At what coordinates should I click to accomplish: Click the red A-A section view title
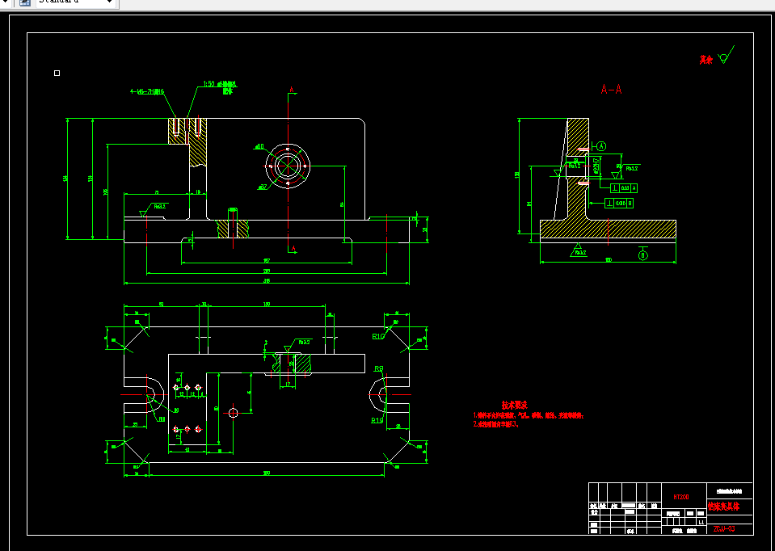(x=611, y=90)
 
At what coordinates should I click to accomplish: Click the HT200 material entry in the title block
(x=680, y=497)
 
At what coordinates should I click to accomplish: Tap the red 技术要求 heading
(x=514, y=404)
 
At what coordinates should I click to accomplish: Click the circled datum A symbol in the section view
(x=601, y=146)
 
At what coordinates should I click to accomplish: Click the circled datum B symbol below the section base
(x=643, y=255)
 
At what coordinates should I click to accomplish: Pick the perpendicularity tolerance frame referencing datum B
(x=619, y=203)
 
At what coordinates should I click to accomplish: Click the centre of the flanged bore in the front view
(x=288, y=166)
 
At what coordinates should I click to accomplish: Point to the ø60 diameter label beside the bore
(x=259, y=146)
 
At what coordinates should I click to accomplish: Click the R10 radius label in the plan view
(x=377, y=335)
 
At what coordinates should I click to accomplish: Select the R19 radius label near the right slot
(x=377, y=420)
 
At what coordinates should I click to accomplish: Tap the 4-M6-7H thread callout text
(x=148, y=92)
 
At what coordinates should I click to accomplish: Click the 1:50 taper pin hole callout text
(x=219, y=84)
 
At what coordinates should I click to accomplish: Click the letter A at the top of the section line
(x=293, y=89)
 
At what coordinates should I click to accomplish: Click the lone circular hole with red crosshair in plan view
(x=233, y=413)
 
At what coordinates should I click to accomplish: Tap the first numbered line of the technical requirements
(x=529, y=415)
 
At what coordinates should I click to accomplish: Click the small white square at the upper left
(x=57, y=73)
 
